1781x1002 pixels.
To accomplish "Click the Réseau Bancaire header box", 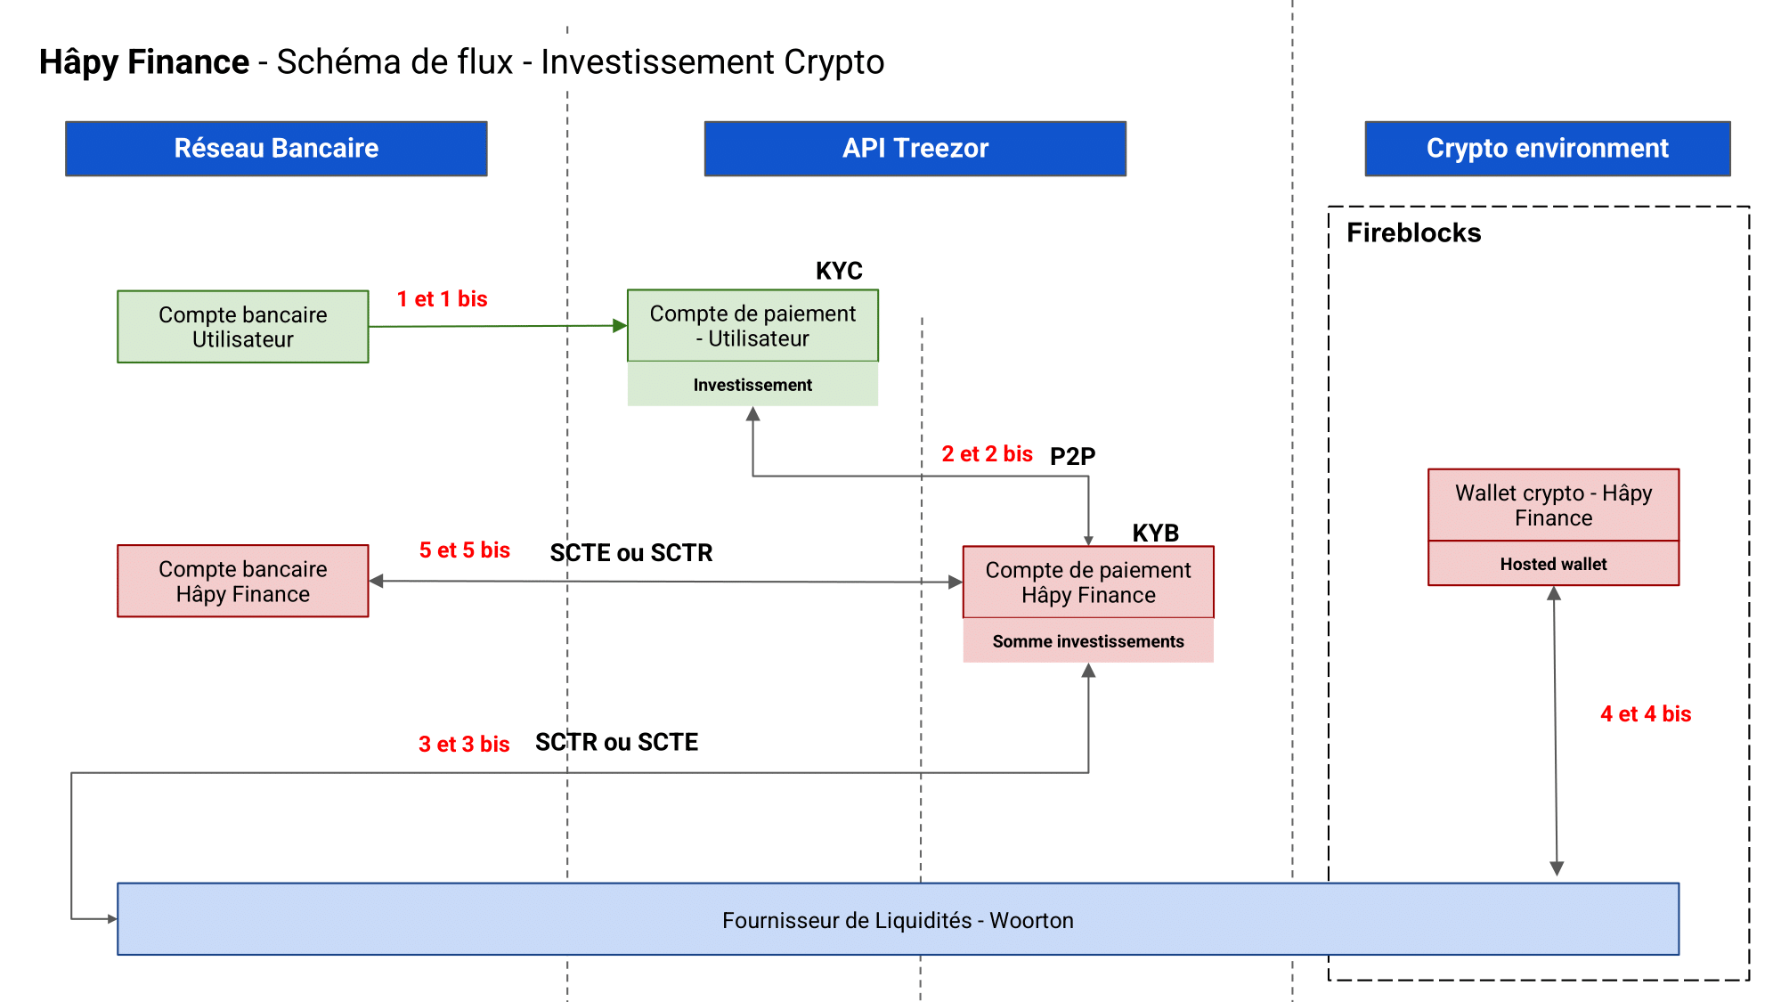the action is click(x=276, y=149).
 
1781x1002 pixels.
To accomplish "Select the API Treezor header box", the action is click(x=915, y=149).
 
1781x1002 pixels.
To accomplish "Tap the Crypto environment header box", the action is click(x=1547, y=149).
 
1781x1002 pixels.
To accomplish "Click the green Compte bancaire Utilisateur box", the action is click(x=242, y=327).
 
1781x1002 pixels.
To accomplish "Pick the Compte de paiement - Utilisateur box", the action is click(x=752, y=326).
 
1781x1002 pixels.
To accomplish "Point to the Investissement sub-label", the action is click(x=752, y=385).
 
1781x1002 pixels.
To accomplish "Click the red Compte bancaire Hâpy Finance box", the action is click(x=242, y=582).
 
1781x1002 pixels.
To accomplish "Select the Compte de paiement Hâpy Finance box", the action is click(x=1087, y=582).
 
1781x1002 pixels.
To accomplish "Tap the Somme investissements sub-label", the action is click(x=1087, y=641).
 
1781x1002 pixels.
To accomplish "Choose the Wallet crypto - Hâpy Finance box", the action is click(x=1553, y=505).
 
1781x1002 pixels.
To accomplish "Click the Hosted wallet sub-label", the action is click(x=1553, y=564).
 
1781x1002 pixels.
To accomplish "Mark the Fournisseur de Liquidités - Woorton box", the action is click(x=898, y=920).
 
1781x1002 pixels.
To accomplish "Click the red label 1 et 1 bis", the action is click(x=442, y=299).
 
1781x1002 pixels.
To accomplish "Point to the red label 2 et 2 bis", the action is click(x=987, y=454).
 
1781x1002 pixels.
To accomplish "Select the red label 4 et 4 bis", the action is click(x=1645, y=714).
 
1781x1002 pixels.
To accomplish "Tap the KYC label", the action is click(x=839, y=271).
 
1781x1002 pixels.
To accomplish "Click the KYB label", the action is click(x=1155, y=533).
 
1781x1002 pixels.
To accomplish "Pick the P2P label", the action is click(x=1072, y=456).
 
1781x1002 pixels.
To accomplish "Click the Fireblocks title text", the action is click(x=1413, y=233).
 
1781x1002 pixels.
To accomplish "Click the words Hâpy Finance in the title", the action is click(x=144, y=62).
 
